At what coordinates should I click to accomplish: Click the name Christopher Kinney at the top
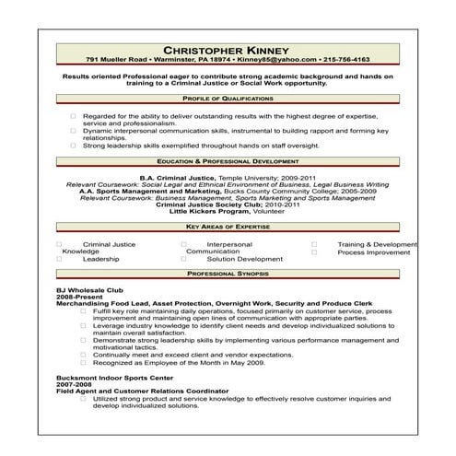point(226,49)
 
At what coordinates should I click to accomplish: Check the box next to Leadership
point(60,259)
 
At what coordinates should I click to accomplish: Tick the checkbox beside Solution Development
point(184,259)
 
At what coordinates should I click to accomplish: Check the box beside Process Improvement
point(314,251)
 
